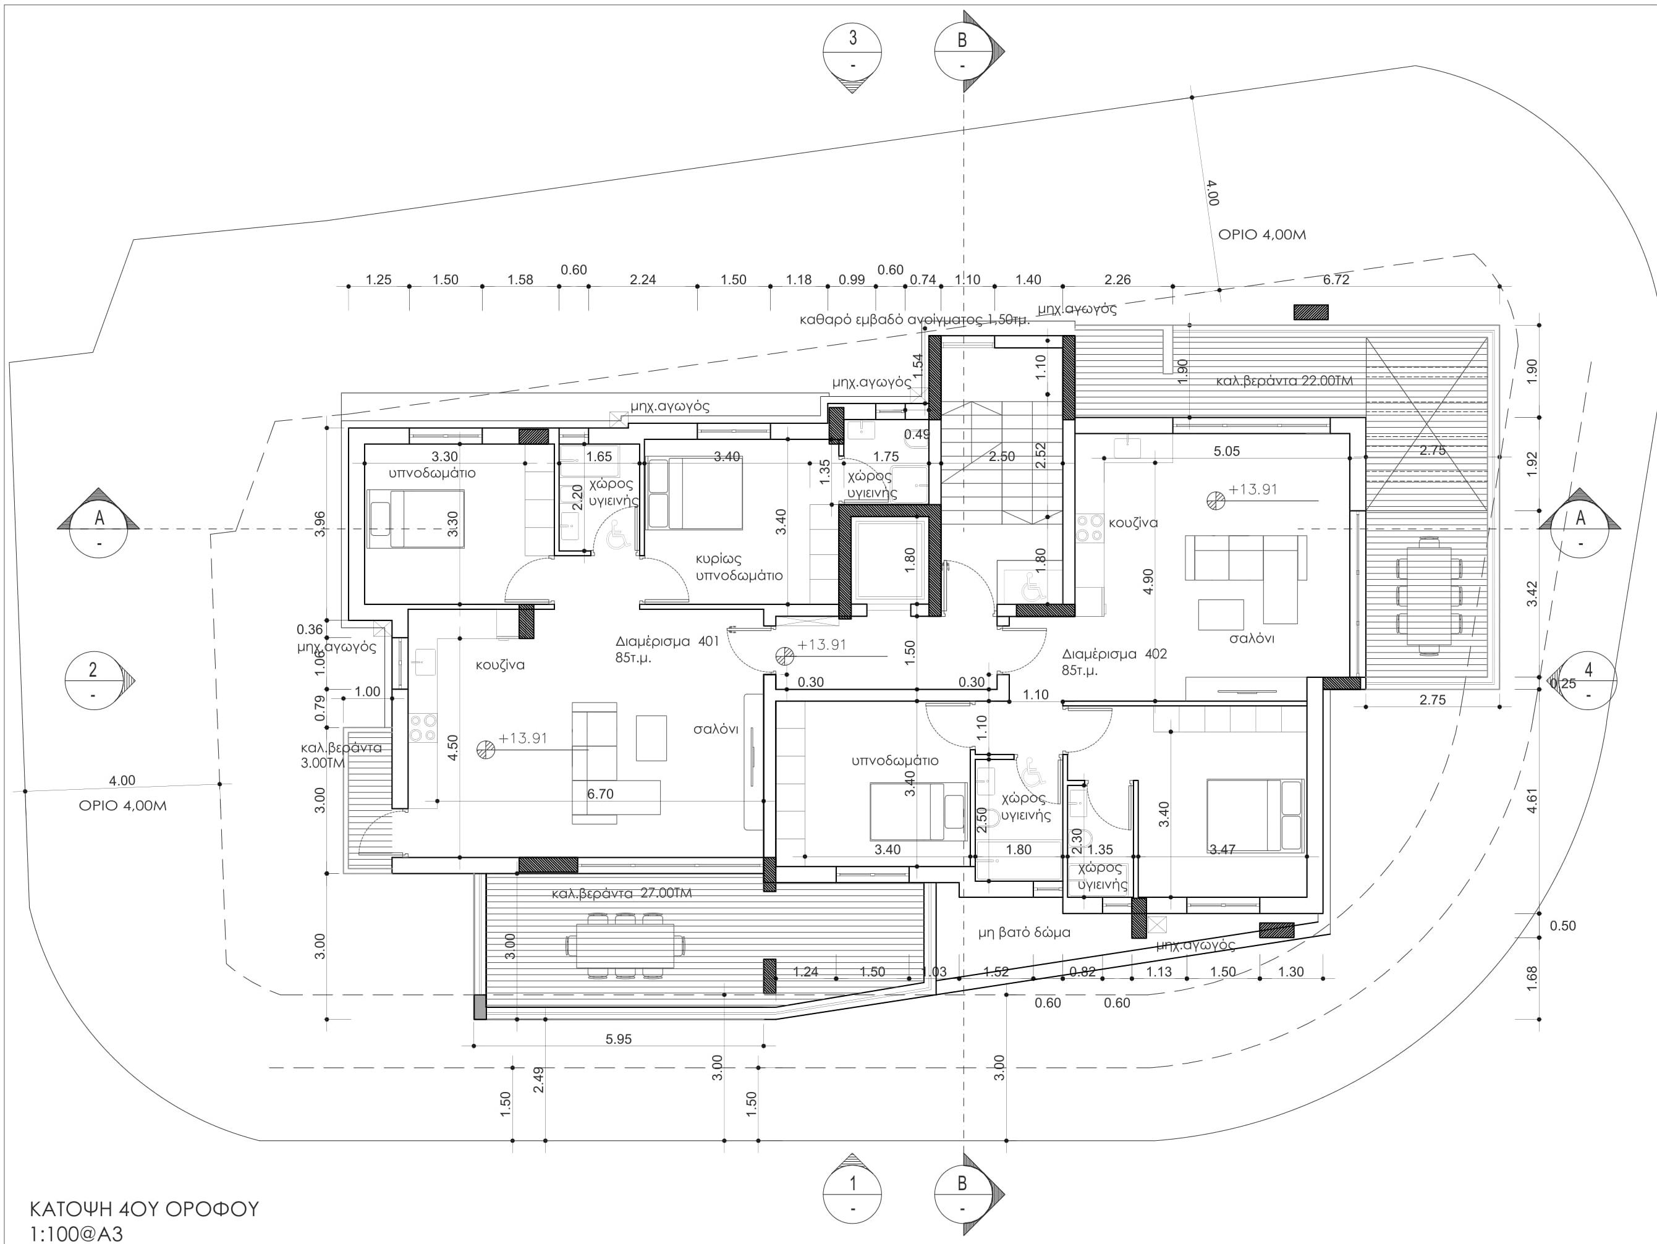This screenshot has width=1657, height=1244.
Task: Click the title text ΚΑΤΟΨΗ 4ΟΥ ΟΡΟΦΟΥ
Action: tap(144, 1209)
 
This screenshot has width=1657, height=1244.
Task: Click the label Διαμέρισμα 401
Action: tap(667, 641)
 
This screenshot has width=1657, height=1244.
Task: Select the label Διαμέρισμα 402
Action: tap(1114, 654)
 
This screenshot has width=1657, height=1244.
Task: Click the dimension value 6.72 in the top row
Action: tap(1336, 279)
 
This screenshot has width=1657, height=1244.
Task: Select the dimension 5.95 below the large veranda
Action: tap(619, 1039)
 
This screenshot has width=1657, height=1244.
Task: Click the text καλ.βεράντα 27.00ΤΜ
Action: tap(622, 894)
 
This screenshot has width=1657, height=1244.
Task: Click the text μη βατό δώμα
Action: tap(1024, 933)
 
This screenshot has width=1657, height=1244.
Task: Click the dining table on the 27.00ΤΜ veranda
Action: tap(627, 946)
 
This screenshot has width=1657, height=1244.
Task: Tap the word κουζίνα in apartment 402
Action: tap(1134, 522)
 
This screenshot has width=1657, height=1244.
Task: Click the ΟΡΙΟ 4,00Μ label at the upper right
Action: tap(1262, 234)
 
